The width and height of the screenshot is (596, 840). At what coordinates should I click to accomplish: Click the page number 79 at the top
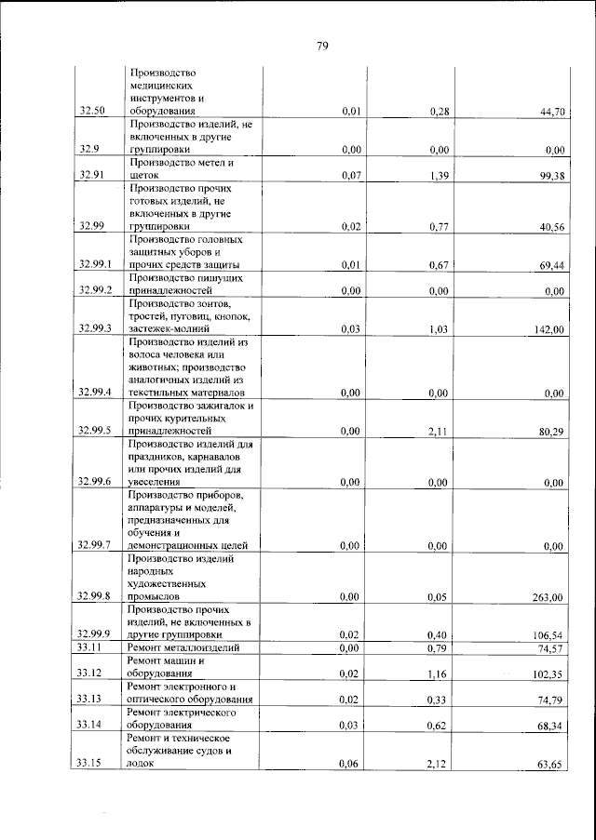[321, 46]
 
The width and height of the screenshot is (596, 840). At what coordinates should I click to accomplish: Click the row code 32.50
[92, 112]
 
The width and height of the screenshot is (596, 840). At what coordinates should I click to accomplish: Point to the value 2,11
[440, 431]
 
